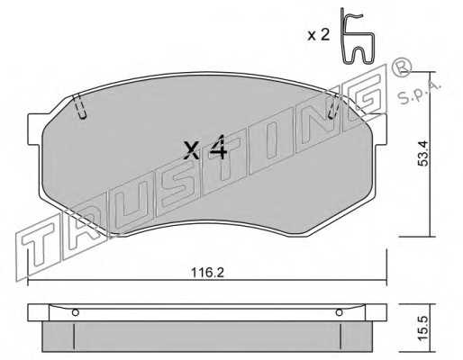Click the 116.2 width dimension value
207,273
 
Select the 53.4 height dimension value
423,154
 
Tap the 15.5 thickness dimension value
423,328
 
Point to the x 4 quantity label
205,148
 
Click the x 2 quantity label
319,35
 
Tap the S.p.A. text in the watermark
420,92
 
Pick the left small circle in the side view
76,312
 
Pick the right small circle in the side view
339,312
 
